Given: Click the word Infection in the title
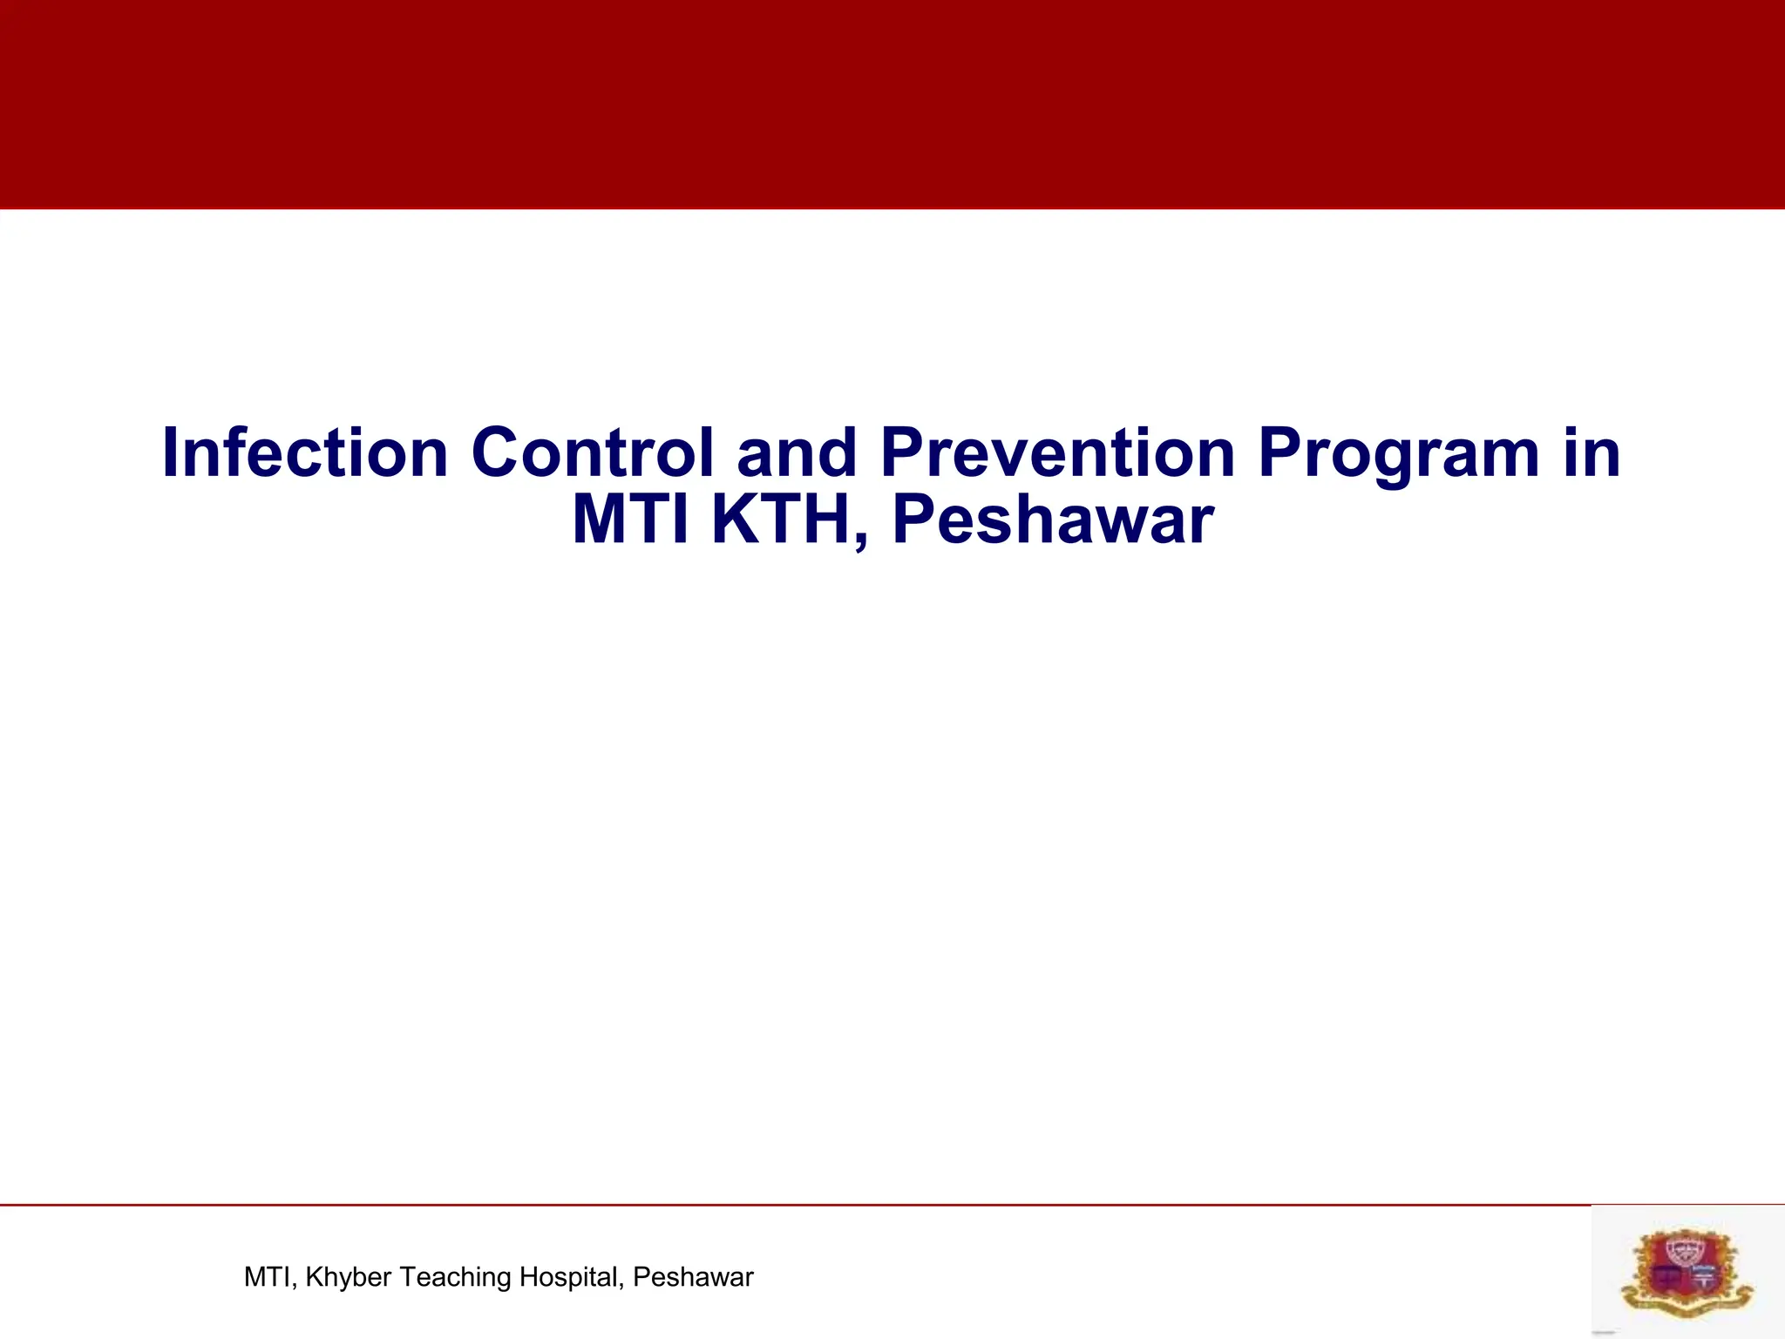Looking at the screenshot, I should point(305,452).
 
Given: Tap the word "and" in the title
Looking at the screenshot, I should point(796,454).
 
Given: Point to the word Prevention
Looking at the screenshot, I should point(1057,452).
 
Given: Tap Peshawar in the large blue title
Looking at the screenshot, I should point(1052,520).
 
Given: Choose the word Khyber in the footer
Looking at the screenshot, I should point(348,1278).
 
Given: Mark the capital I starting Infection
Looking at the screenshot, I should point(171,452).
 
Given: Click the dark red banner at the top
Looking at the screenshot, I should point(892,105).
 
